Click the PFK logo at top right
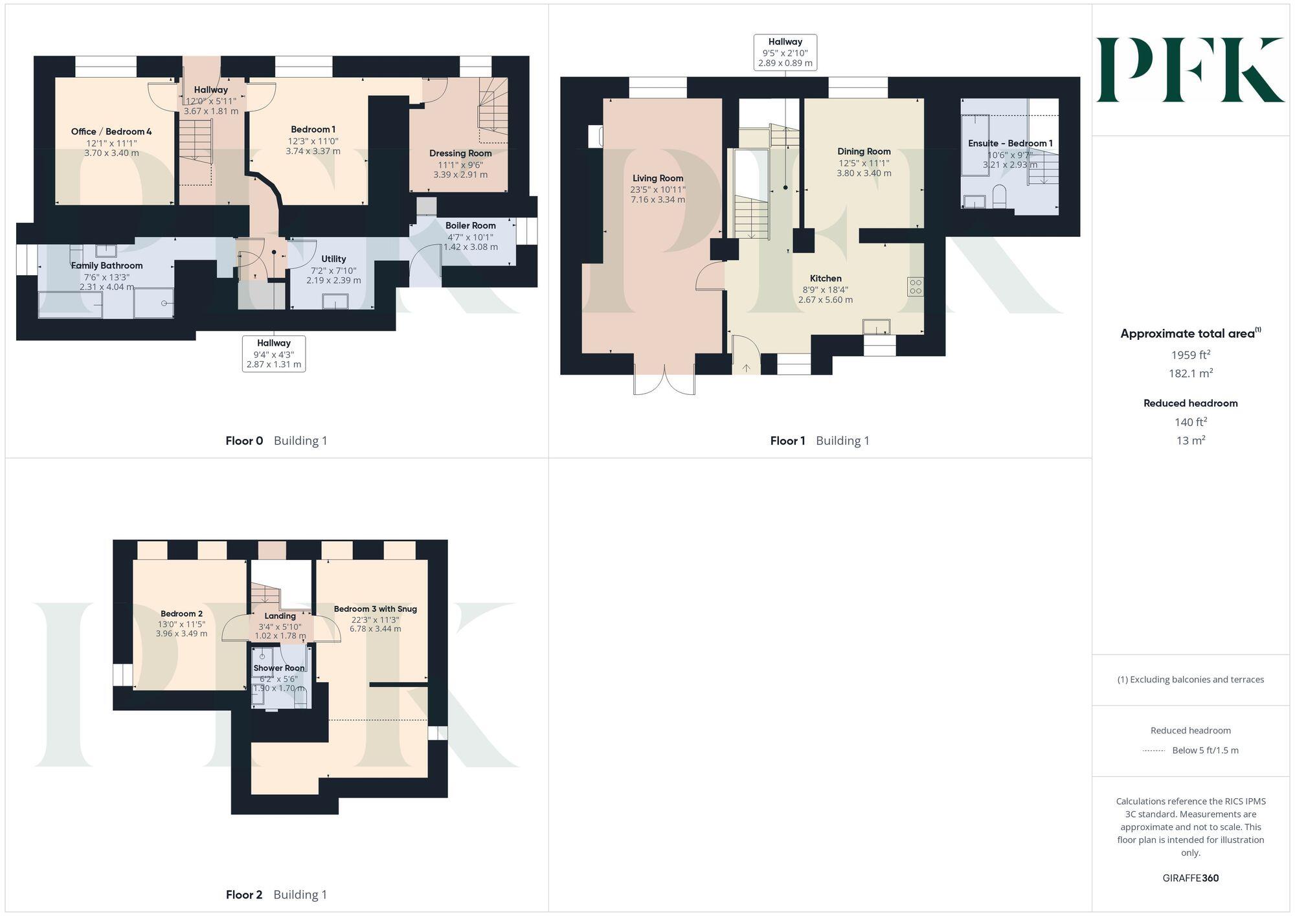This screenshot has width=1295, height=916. (1190, 70)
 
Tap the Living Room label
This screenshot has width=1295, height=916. (658, 178)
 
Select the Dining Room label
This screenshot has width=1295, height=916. (864, 151)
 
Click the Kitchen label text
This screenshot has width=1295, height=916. (826, 278)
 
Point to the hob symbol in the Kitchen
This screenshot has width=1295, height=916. (915, 287)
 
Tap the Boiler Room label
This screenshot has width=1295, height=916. (470, 225)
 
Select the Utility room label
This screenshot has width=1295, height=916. (333, 259)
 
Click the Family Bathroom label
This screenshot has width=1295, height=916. (107, 265)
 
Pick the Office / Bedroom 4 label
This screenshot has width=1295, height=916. (111, 131)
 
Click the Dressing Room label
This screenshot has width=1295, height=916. (460, 153)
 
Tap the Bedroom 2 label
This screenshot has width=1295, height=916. (181, 614)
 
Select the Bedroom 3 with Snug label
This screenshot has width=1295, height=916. (375, 609)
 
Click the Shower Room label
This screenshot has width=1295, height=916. (279, 668)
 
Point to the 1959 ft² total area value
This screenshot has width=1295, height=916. (1190, 355)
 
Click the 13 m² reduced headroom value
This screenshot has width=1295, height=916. (1190, 441)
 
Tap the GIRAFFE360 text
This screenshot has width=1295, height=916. (1190, 878)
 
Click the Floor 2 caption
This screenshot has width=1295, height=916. (244, 895)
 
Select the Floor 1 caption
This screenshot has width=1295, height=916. (787, 441)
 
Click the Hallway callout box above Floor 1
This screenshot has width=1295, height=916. (785, 52)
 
